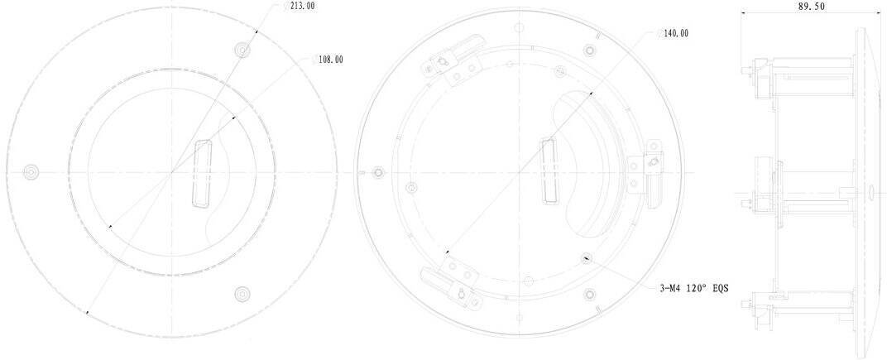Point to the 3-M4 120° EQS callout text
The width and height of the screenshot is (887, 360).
click(694, 288)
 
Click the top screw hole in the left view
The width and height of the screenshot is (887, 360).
click(242, 50)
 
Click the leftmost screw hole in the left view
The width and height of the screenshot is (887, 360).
click(31, 171)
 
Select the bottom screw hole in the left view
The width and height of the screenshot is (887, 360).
click(242, 293)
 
